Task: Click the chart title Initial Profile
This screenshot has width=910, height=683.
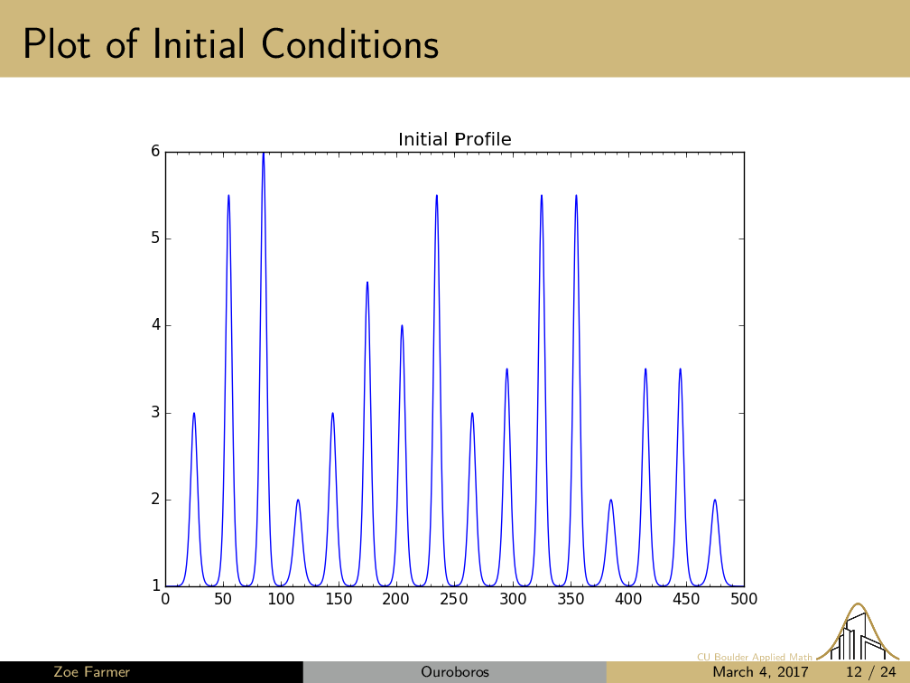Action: click(454, 139)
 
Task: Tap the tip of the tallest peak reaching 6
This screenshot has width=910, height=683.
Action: click(263, 154)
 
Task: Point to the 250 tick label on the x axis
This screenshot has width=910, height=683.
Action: click(454, 598)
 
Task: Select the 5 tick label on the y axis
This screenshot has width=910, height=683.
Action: click(155, 239)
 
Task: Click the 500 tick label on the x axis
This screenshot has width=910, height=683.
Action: click(744, 598)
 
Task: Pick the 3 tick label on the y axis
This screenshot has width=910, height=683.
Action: click(155, 413)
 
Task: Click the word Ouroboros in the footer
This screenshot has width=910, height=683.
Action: click(455, 672)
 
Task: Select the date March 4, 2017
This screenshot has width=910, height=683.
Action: click(761, 672)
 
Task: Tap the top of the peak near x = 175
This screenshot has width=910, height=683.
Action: click(367, 283)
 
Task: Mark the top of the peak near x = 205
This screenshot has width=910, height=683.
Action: click(402, 325)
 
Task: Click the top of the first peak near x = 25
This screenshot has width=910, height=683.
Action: click(194, 413)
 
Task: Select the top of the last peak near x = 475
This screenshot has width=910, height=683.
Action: click(715, 500)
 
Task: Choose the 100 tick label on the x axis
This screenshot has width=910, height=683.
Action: click(281, 598)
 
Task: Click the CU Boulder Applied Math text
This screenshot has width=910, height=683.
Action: click(755, 657)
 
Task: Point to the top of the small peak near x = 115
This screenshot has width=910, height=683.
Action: click(298, 500)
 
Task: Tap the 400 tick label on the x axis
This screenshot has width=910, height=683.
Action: click(628, 598)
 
